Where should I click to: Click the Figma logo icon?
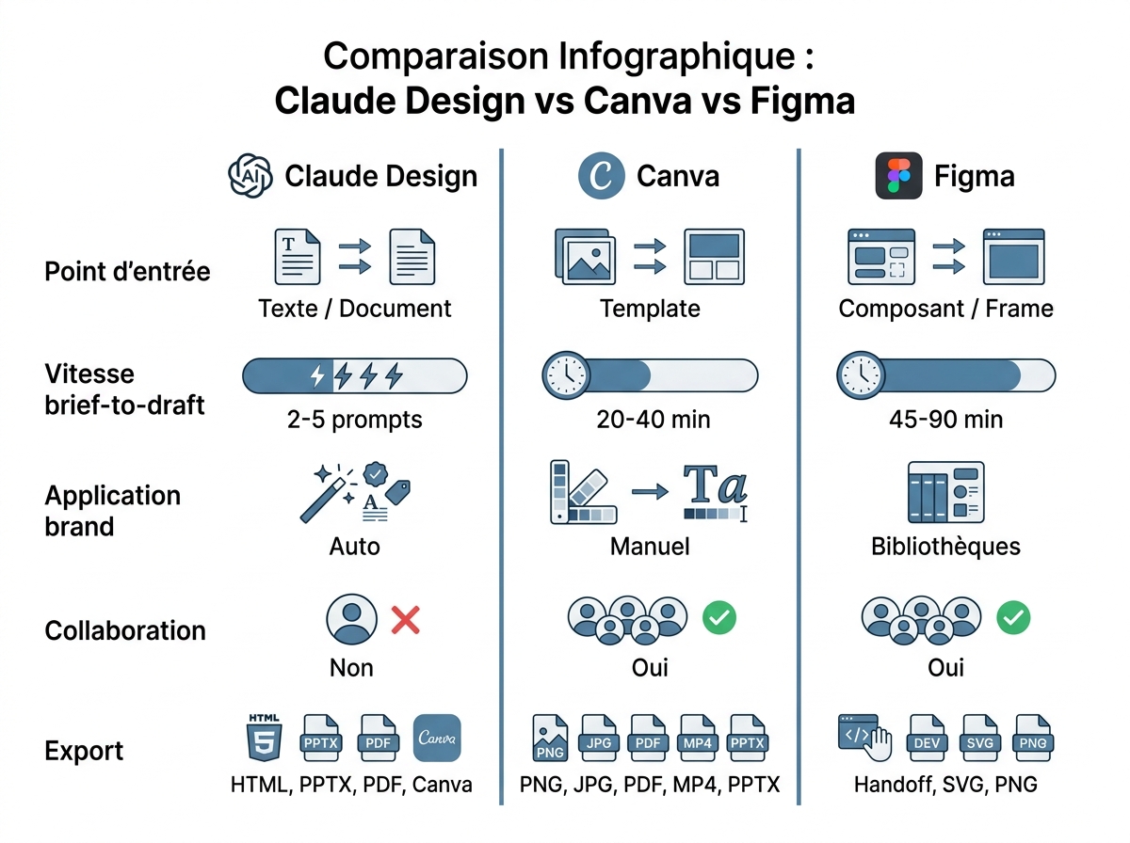click(898, 176)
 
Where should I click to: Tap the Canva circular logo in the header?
click(601, 176)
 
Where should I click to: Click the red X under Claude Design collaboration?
click(405, 619)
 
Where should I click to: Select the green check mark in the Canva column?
click(719, 618)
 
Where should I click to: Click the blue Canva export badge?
click(437, 738)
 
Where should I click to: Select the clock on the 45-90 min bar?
click(860, 375)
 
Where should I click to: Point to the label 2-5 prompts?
click(355, 419)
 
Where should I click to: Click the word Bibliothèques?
click(945, 546)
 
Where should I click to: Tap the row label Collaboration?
click(125, 630)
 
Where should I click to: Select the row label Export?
click(84, 752)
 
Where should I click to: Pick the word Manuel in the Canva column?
click(650, 546)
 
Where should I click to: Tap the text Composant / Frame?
click(945, 309)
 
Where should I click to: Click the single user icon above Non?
click(350, 619)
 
